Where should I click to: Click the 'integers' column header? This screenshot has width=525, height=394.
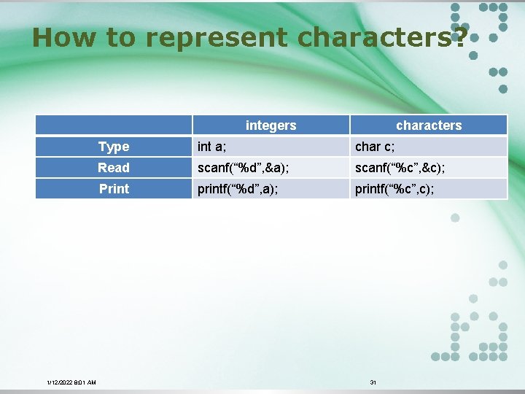click(271, 125)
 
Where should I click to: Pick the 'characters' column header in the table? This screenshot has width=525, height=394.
click(429, 125)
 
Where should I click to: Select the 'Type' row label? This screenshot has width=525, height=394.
click(114, 147)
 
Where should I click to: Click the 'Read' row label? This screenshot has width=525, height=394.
click(114, 168)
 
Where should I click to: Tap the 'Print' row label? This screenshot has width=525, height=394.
click(114, 189)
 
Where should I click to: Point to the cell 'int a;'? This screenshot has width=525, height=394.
click(212, 147)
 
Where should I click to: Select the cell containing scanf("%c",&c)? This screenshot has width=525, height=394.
click(400, 168)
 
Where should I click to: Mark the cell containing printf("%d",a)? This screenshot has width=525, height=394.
click(238, 189)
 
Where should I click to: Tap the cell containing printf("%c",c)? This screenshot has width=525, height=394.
click(394, 189)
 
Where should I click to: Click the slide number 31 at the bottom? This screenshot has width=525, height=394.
click(373, 382)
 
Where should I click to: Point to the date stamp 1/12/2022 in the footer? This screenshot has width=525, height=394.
click(59, 382)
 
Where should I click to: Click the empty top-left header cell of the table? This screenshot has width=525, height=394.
click(114, 125)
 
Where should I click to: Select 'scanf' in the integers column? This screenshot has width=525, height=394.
click(213, 168)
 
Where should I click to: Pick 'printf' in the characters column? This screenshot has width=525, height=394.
click(370, 189)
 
